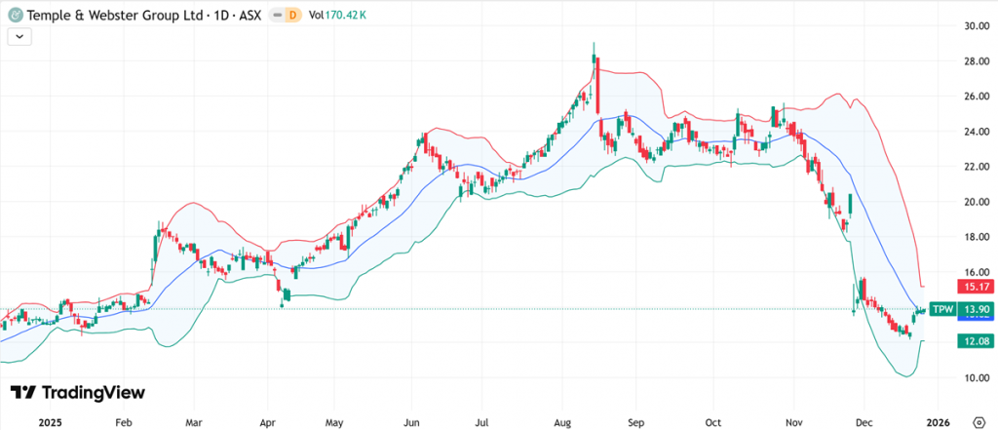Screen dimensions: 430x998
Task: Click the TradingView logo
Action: tap(78, 392)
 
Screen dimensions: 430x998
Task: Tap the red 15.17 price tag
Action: tap(973, 288)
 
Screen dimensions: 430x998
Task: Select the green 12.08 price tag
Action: tap(973, 341)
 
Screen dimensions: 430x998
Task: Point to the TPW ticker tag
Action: tap(941, 309)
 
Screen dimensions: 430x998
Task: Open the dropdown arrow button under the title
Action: tap(20, 36)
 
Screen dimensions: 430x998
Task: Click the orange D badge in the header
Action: tap(289, 15)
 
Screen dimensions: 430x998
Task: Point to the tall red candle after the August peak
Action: tap(597, 86)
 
